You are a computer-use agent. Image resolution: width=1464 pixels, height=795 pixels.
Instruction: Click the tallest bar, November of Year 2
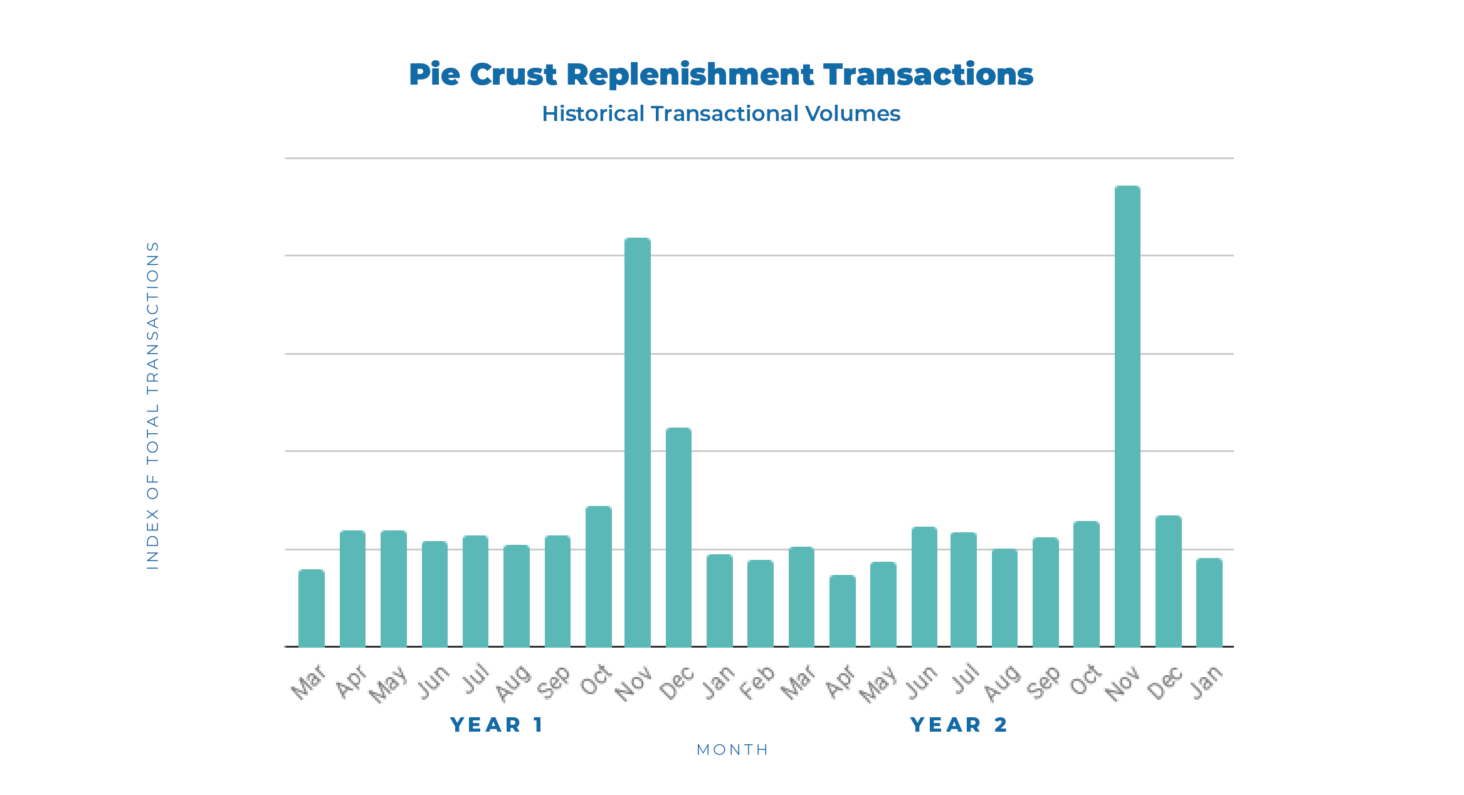[1127, 416]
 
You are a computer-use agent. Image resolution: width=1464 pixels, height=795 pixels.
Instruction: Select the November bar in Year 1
[638, 442]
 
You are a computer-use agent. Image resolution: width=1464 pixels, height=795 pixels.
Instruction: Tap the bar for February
[760, 603]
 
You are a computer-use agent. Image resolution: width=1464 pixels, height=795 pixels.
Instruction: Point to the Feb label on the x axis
[757, 683]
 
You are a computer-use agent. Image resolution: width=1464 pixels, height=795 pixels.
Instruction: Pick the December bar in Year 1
[678, 537]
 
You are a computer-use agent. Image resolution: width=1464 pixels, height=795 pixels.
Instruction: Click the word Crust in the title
[513, 75]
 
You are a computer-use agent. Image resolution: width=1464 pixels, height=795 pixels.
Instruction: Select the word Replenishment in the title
[690, 75]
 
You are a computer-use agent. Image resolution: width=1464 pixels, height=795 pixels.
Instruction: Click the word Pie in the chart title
[434, 75]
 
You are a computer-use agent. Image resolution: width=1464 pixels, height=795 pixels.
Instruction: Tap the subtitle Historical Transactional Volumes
[721, 113]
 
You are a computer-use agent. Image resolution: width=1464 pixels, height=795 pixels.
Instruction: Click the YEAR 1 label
[497, 725]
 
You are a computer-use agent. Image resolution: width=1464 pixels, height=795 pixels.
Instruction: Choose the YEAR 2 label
[959, 725]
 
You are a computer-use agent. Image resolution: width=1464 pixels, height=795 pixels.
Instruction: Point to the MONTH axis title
[732, 750]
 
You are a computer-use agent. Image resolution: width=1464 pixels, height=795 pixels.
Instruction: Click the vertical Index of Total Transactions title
[152, 405]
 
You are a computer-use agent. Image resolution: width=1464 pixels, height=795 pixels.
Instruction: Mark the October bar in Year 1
[598, 576]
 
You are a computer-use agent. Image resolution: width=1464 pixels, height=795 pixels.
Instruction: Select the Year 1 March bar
[312, 608]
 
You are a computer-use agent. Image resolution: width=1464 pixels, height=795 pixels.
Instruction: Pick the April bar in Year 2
[842, 611]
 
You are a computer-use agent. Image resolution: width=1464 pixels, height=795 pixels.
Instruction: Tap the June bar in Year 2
[924, 587]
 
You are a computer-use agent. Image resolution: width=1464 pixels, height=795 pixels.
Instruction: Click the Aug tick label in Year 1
[513, 683]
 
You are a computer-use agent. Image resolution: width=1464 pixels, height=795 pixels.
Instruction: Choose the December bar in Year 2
[1168, 581]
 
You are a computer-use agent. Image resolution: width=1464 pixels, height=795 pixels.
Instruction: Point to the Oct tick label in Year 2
[1085, 682]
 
